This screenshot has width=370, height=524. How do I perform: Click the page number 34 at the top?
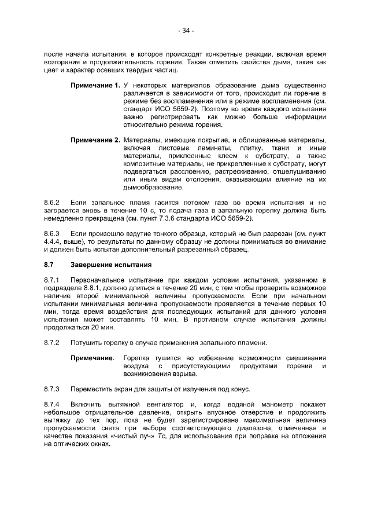click(185, 30)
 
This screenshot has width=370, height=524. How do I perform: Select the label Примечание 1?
click(95, 86)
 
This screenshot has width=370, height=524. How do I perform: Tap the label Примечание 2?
click(95, 140)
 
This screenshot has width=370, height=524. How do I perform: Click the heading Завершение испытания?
click(110, 265)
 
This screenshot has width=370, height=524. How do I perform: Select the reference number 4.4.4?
click(54, 243)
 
